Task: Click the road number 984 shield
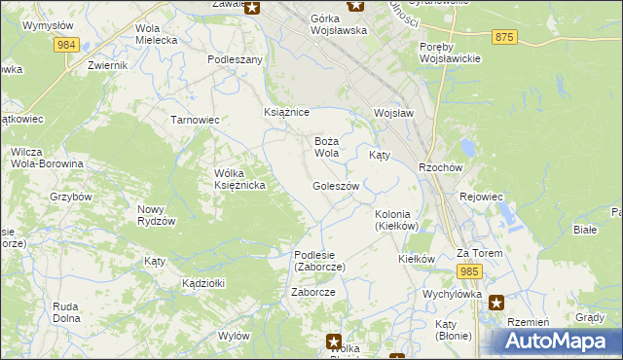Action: (66, 45)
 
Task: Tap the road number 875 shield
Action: (504, 36)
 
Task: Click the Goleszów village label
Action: (337, 186)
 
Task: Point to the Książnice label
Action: (286, 112)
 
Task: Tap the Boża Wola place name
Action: (326, 147)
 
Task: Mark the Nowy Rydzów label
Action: (156, 215)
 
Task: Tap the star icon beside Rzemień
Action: (496, 303)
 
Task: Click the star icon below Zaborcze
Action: (334, 342)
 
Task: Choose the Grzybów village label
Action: (70, 196)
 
